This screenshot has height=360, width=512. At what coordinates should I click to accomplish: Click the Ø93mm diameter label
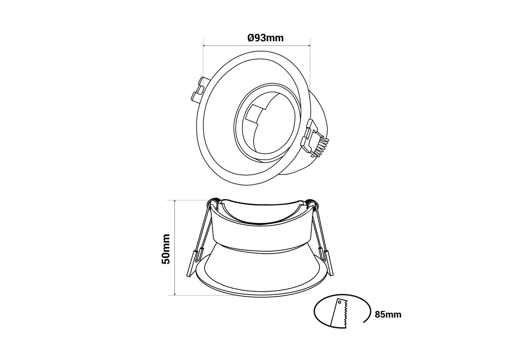point(265,38)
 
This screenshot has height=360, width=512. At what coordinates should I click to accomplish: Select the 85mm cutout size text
point(388,314)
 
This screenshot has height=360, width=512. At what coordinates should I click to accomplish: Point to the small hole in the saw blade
point(340,303)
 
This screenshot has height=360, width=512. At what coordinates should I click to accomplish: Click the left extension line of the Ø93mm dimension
point(204,60)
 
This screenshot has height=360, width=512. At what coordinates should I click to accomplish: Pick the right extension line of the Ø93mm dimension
point(310,60)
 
